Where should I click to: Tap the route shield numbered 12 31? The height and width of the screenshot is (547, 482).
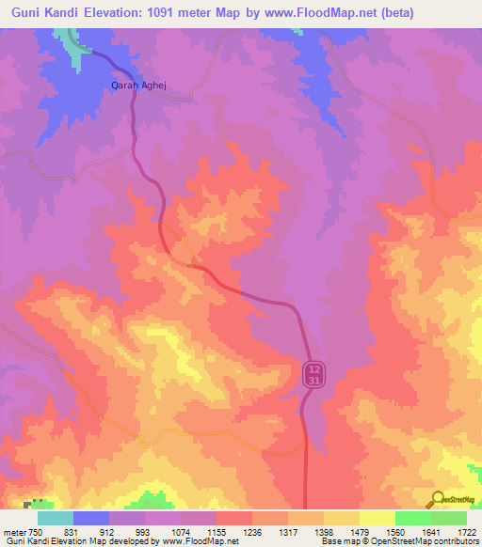pyautogui.click(x=315, y=373)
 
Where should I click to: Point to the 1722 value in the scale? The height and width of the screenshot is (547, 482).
pyautogui.click(x=466, y=532)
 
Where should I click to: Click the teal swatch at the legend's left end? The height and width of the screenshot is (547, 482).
pyautogui.click(x=56, y=518)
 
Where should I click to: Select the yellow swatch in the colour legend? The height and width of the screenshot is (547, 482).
pyautogui.click(x=377, y=518)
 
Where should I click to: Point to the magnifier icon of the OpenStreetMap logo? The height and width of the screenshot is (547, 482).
pyautogui.click(x=435, y=498)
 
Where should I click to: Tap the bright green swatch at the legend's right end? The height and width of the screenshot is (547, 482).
pyautogui.click(x=448, y=518)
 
